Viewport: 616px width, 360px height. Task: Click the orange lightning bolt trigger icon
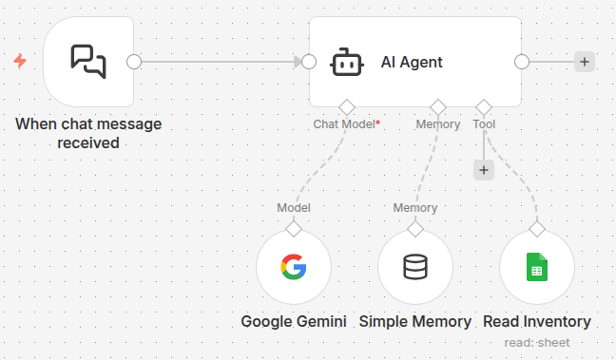(x=20, y=62)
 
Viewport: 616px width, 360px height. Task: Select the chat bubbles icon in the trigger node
(x=88, y=62)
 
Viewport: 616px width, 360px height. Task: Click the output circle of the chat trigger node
(x=134, y=62)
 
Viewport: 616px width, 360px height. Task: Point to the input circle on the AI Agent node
(x=308, y=62)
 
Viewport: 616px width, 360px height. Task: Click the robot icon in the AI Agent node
(x=346, y=63)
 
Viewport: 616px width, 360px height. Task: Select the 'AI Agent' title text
(x=412, y=63)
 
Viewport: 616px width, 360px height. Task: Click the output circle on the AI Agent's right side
(x=521, y=62)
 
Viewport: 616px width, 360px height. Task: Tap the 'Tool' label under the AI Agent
(x=484, y=124)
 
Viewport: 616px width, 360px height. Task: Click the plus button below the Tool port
(x=484, y=170)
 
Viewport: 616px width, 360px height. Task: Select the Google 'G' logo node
(x=294, y=268)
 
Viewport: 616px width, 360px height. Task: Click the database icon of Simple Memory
(x=415, y=268)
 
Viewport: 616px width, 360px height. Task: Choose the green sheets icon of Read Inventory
(x=537, y=268)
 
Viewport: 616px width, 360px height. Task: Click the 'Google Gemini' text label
(x=294, y=321)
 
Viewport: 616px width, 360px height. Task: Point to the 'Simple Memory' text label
(x=415, y=321)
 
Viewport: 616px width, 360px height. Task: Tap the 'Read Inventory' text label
(x=537, y=321)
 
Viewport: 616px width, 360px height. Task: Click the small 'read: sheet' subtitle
(x=537, y=342)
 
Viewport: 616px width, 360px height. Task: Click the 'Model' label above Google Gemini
(x=294, y=208)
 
